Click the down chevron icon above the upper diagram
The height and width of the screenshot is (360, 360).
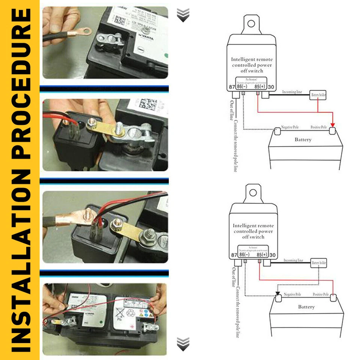tap(183, 15)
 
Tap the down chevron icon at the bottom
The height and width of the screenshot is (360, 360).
tap(183, 343)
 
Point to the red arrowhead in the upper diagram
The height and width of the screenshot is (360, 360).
tap(332, 125)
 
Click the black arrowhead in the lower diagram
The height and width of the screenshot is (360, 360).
tap(277, 294)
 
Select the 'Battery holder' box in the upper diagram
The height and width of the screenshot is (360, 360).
tap(318, 96)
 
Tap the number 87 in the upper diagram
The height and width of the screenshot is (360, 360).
tap(231, 87)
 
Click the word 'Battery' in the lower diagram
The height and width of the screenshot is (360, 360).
tap(306, 307)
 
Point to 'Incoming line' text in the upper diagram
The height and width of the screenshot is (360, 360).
tap(292, 91)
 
